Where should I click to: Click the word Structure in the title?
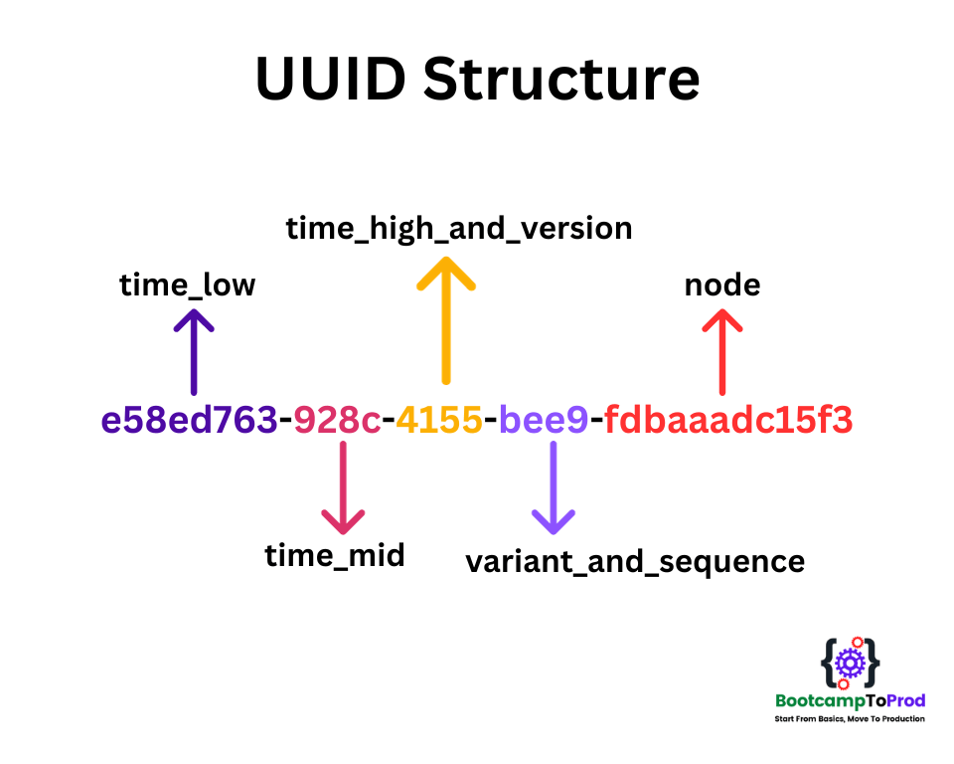561,79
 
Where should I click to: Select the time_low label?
187,286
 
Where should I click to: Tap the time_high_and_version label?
459,229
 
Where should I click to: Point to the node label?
722,286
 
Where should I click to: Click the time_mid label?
335,555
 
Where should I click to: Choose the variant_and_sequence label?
635,561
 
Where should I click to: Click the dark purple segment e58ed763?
189,421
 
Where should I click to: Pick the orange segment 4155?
439,421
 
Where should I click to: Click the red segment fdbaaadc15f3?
728,421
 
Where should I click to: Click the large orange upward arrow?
445,318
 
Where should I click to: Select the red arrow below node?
722,350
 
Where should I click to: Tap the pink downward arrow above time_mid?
343,487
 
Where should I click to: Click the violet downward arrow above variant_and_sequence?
553,487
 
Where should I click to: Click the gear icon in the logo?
850,662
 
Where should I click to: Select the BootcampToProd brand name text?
850,701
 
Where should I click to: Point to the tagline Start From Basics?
850,718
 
